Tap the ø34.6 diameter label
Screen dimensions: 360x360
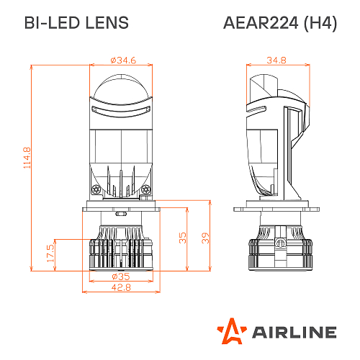pyautogui.click(x=120, y=60)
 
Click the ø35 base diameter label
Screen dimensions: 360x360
pyautogui.click(x=120, y=276)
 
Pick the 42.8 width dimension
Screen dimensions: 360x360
pyautogui.click(x=120, y=287)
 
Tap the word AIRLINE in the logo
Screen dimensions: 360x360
pyautogui.click(x=294, y=332)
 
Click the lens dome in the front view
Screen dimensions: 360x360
pyautogui.click(x=120, y=83)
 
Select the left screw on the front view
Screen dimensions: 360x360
pyautogui.click(x=95, y=189)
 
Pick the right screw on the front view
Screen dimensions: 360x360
pyautogui.click(x=146, y=189)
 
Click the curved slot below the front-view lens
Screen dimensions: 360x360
pyautogui.click(x=120, y=109)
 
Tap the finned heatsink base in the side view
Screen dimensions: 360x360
pyautogui.click(x=276, y=251)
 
